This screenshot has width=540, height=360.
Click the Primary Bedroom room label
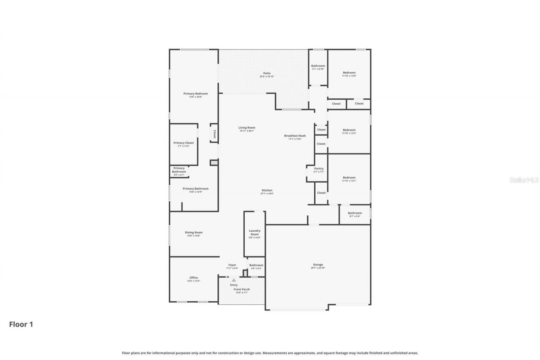tap(195, 94)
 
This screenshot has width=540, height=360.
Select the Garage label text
tap(318, 265)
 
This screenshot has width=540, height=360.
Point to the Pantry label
tap(319, 168)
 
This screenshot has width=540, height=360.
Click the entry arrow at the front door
tap(234, 280)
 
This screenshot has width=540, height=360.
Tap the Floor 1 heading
tap(21, 324)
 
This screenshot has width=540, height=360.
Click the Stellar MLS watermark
tap(524, 180)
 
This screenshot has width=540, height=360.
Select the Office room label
tap(194, 278)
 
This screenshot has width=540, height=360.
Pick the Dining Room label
tap(194, 233)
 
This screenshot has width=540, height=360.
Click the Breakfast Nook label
tap(295, 136)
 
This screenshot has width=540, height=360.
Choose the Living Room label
tap(247, 128)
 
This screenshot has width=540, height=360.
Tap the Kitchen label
tap(267, 190)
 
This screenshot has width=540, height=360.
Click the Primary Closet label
tap(184, 143)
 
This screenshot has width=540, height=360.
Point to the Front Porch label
tap(242, 289)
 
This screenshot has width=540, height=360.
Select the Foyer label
tap(232, 265)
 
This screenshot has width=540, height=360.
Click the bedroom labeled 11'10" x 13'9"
tap(349, 73)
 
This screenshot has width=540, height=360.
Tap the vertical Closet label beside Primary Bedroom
tap(214, 134)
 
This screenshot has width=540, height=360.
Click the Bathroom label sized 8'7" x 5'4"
tap(355, 213)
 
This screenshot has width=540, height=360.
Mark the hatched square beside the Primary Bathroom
tap(214, 162)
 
